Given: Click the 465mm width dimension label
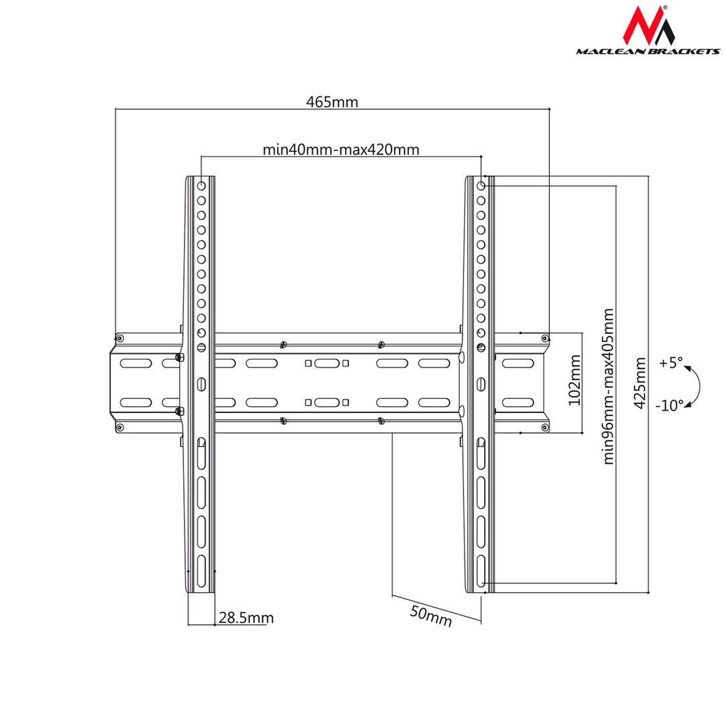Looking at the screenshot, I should click(332, 102).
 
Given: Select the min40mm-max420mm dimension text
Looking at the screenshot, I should click(341, 149).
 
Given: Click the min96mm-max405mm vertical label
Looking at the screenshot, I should click(608, 386).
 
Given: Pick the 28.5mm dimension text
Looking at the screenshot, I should click(246, 618).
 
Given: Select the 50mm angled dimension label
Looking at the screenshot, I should click(431, 616).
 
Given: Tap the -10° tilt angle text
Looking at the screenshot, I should click(669, 405).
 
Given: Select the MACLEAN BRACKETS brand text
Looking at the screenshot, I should click(648, 51).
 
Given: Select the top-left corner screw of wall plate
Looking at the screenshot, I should click(119, 338).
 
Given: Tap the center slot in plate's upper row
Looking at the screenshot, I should click(327, 363).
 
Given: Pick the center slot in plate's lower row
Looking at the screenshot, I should click(327, 402).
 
